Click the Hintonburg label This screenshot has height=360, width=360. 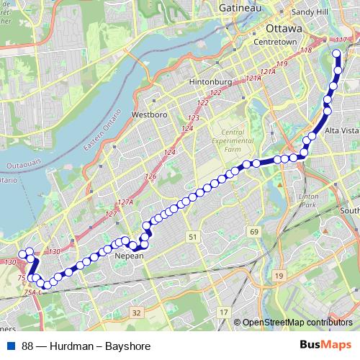pos(210,82)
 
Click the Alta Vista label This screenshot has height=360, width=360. pos(341,130)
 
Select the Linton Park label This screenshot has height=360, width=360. pos(308,201)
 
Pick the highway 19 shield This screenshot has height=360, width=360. pos(279,276)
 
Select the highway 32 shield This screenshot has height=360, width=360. pos(136,312)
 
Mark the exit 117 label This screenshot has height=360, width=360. pos(341,38)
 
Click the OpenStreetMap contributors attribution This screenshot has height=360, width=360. pos(297,323)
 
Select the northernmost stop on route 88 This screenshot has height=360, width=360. pos(339,53)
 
